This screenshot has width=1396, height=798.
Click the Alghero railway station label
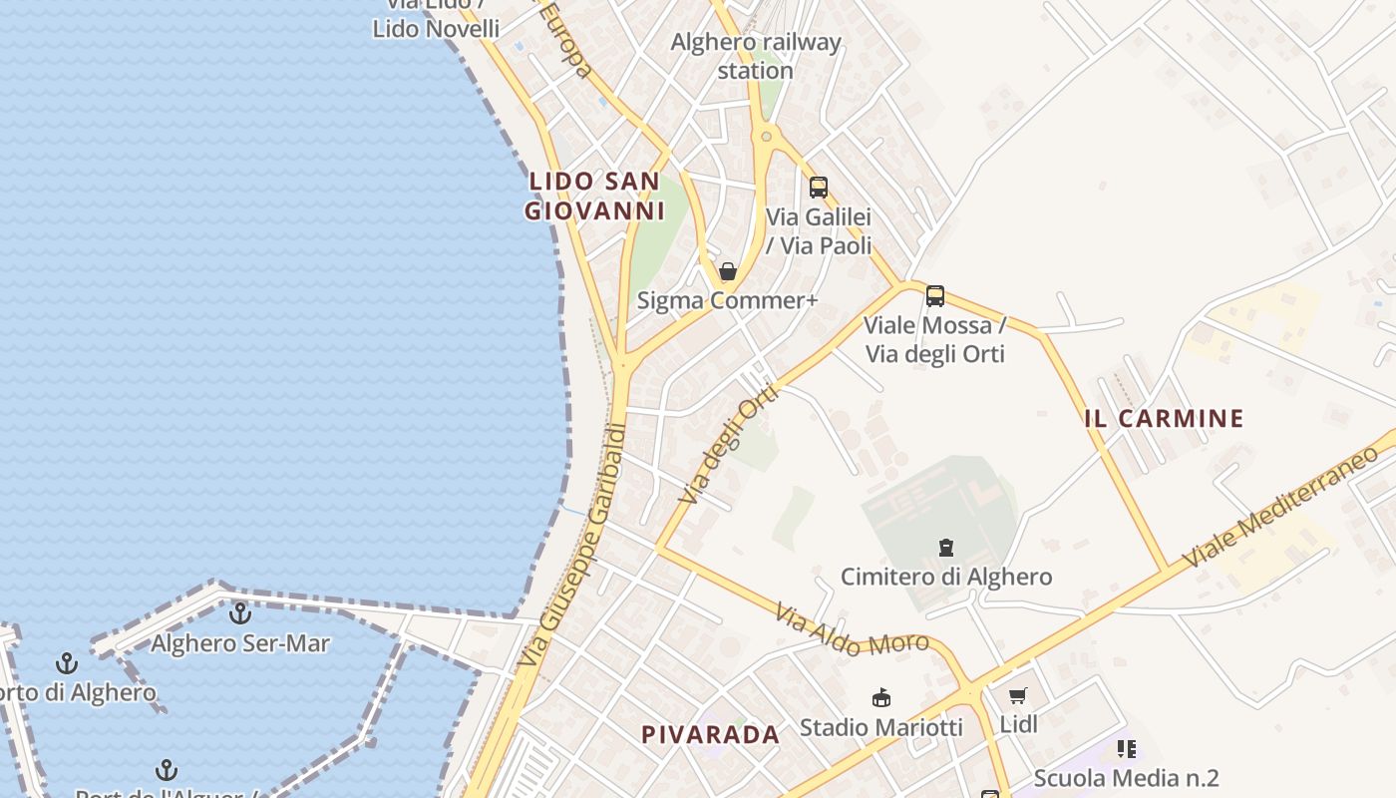(756, 56)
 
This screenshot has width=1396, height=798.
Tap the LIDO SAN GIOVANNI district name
(594, 196)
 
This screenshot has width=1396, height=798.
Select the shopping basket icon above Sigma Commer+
(728, 271)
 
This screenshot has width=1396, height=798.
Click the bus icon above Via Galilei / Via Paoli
(818, 187)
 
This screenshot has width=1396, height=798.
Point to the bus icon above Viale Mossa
(934, 295)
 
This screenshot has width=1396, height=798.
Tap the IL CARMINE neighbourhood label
(1164, 418)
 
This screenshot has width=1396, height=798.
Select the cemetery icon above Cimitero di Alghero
(945, 547)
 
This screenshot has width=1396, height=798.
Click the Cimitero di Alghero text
(945, 577)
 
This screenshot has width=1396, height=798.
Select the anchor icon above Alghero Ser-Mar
(239, 613)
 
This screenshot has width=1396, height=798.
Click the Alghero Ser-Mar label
(239, 643)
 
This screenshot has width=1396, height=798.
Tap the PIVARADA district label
(710, 735)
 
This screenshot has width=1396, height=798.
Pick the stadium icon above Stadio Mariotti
(880, 697)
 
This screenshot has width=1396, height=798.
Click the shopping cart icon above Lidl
(1017, 696)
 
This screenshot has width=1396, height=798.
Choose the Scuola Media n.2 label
(1126, 778)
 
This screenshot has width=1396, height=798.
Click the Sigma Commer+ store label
(720, 300)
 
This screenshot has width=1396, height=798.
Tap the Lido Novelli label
(436, 28)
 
